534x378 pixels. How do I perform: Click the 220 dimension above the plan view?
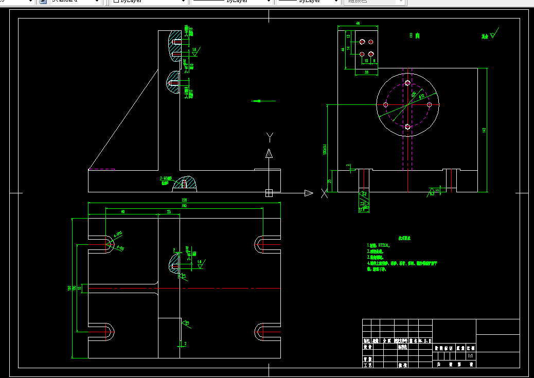[184, 200]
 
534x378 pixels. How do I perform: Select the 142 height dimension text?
[484, 130]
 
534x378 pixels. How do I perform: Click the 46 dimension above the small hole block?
[358, 24]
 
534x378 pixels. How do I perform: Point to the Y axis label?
[269, 136]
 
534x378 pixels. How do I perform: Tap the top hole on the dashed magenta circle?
[408, 83]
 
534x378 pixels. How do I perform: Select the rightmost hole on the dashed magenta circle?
[430, 104]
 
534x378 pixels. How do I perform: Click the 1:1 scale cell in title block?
[470, 356]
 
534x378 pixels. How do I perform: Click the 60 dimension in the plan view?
[122, 211]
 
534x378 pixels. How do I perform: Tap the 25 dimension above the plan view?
[169, 211]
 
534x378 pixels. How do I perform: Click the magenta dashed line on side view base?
[102, 169]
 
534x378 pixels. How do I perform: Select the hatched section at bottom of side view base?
[185, 183]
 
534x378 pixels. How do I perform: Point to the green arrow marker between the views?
[259, 101]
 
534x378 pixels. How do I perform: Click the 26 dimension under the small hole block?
[366, 73]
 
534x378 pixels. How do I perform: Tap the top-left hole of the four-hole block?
[362, 42]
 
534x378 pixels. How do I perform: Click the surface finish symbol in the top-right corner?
[493, 35]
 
